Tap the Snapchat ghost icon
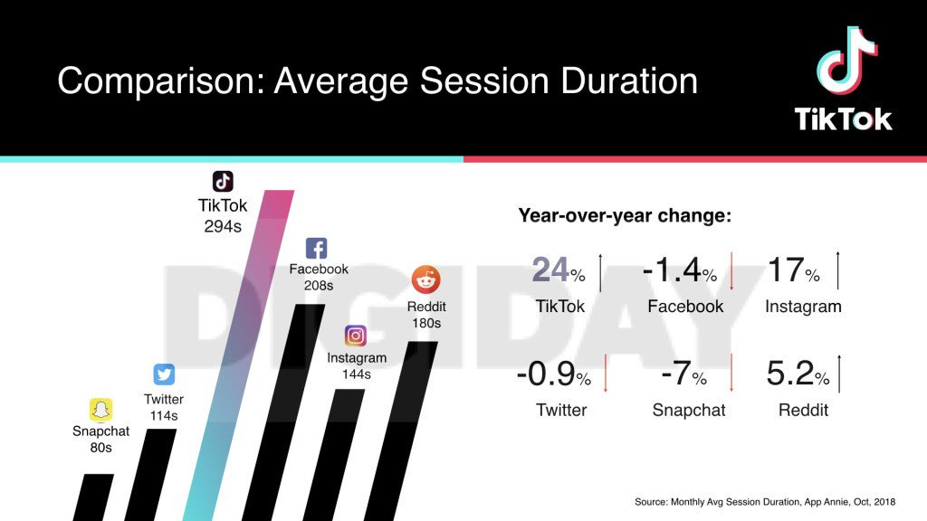[100, 410]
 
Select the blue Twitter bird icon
[164, 374]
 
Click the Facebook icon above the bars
[317, 249]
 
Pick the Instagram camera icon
[357, 336]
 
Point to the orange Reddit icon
[425, 279]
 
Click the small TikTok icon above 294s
[223, 181]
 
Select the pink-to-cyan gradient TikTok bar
[237, 362]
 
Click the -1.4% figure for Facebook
[679, 270]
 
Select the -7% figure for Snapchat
[685, 374]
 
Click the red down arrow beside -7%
[731, 374]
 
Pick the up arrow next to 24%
[601, 270]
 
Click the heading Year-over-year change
[625, 216]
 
